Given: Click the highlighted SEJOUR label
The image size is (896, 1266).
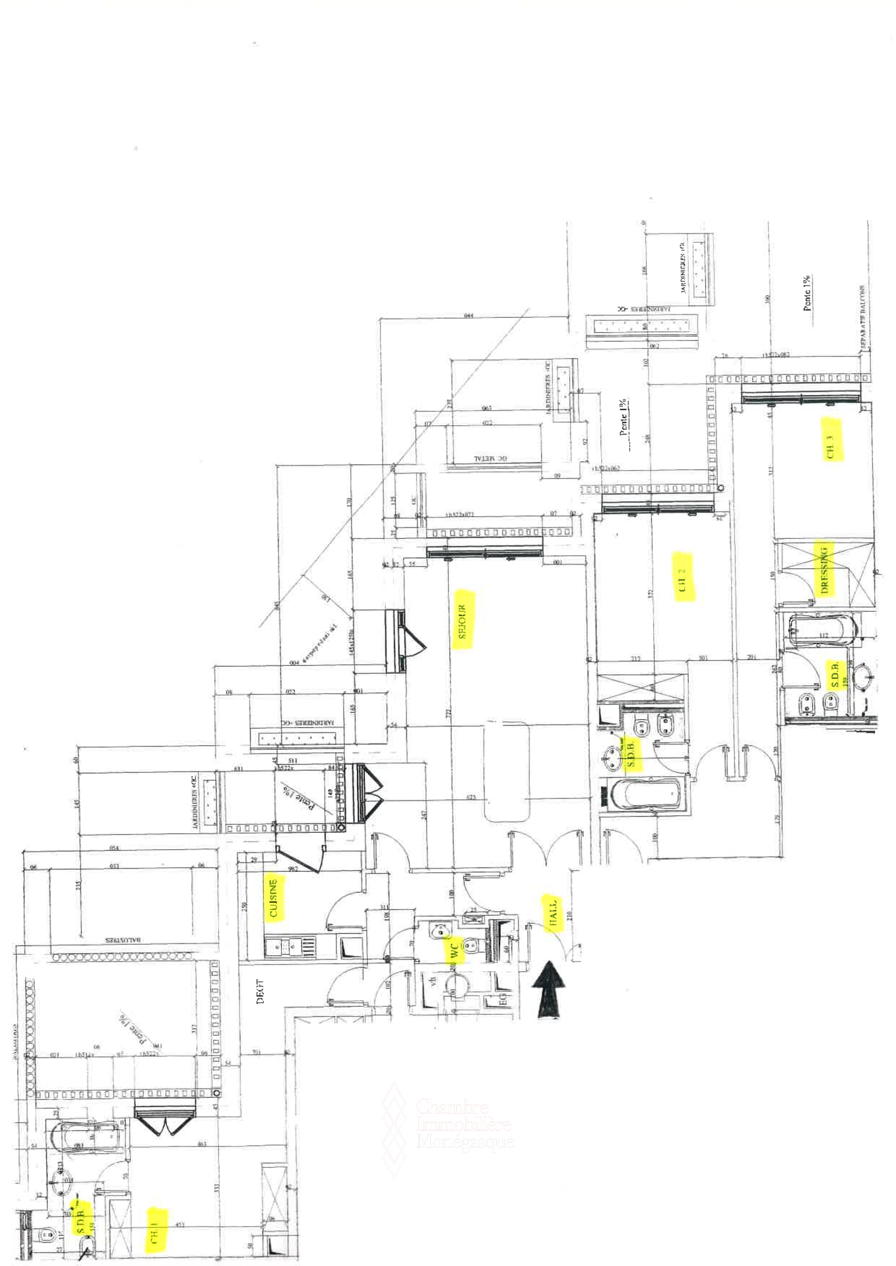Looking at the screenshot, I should click(x=463, y=621).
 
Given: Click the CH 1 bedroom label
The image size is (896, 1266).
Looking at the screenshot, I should click(x=154, y=1230).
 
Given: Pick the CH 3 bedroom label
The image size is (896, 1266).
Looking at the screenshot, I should click(x=831, y=446).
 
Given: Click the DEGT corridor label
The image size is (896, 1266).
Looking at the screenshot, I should click(x=260, y=991).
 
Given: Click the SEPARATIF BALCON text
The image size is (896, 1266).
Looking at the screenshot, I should click(x=862, y=317).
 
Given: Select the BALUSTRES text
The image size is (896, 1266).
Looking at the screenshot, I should click(x=124, y=940).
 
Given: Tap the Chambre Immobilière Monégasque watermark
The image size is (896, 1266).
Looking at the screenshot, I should click(x=462, y=1125).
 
